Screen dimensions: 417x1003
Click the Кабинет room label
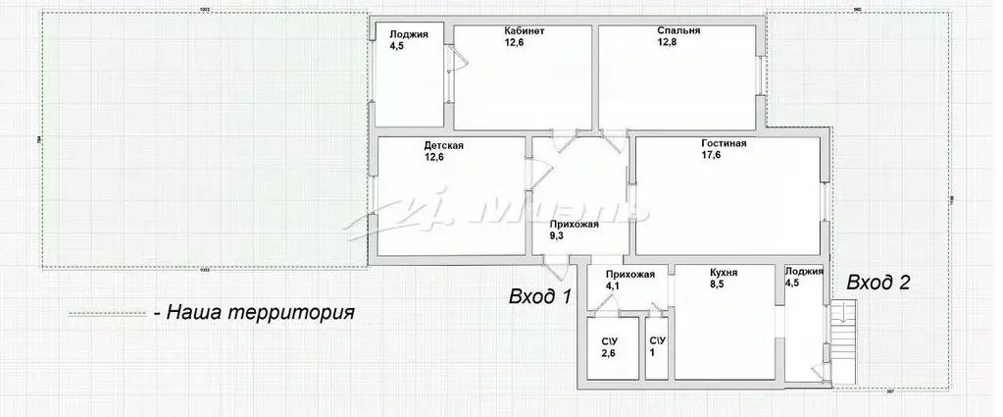(525, 31)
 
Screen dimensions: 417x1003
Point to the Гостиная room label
(724, 143)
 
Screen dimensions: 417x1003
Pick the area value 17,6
(712, 155)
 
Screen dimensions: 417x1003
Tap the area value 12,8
(669, 43)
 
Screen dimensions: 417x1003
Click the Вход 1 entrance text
(540, 295)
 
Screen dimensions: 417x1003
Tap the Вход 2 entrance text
(878, 284)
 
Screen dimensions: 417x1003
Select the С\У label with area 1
(657, 340)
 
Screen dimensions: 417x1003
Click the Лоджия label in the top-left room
(407, 31)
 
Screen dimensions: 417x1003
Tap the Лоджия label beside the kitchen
(803, 272)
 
